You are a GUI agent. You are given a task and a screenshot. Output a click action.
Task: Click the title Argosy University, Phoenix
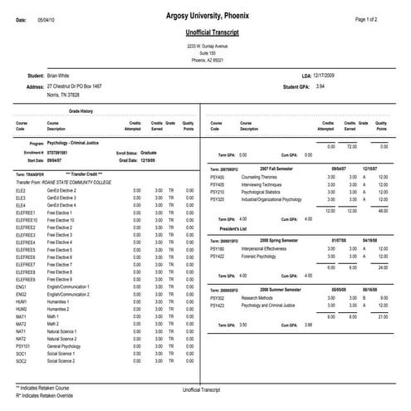pyautogui.click(x=205, y=18)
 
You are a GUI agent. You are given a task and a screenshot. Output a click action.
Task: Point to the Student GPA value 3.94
pyautogui.click(x=320, y=86)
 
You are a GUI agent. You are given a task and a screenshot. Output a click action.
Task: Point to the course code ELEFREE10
pyautogui.click(x=27, y=219)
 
